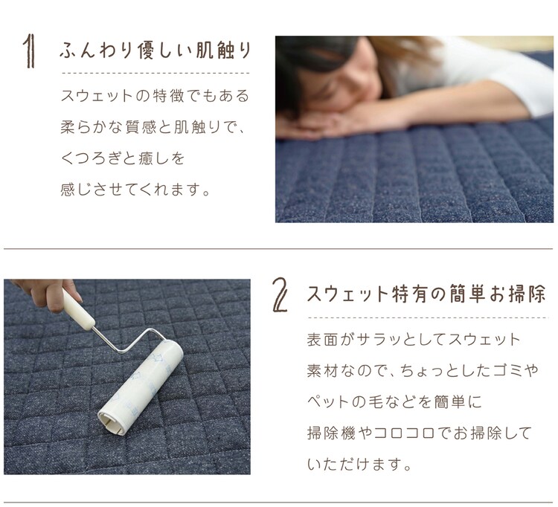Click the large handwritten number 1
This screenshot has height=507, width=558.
[30, 51]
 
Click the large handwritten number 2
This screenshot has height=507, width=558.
[280, 295]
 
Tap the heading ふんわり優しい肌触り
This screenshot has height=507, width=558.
[155, 50]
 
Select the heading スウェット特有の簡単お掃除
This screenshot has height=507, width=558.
[426, 294]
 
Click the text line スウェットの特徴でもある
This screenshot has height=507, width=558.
[155, 96]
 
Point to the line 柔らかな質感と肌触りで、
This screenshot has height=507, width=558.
[153, 127]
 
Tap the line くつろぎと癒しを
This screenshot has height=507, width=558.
[123, 158]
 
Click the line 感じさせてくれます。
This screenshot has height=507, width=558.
[135, 189]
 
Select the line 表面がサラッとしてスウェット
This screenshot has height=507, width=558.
[414, 340]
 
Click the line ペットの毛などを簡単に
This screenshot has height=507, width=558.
[394, 401]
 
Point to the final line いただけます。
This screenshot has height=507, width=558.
[359, 464]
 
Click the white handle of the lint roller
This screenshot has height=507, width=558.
[78, 308]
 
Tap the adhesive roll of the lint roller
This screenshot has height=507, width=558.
[141, 387]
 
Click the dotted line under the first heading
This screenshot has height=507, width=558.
[155, 74]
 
